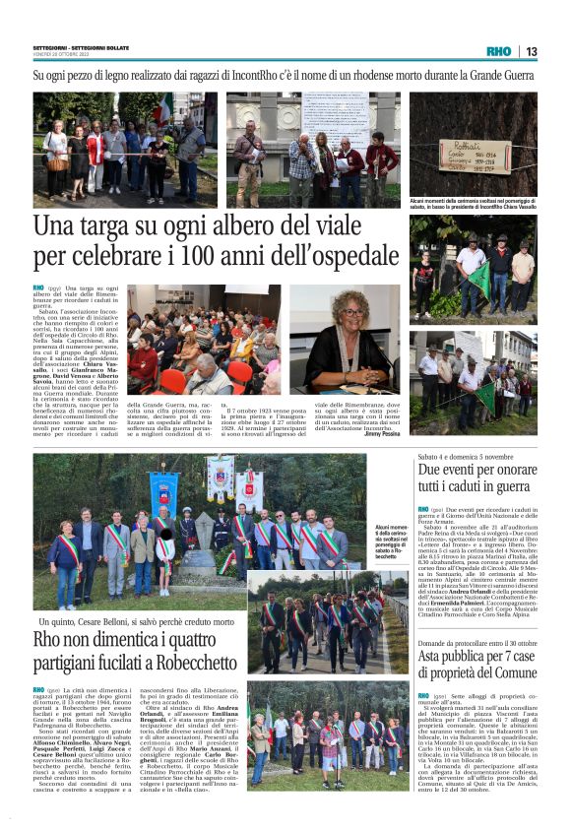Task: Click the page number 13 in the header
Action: click(x=531, y=51)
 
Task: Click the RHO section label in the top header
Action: click(x=499, y=51)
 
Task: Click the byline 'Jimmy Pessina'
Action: click(x=382, y=433)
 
